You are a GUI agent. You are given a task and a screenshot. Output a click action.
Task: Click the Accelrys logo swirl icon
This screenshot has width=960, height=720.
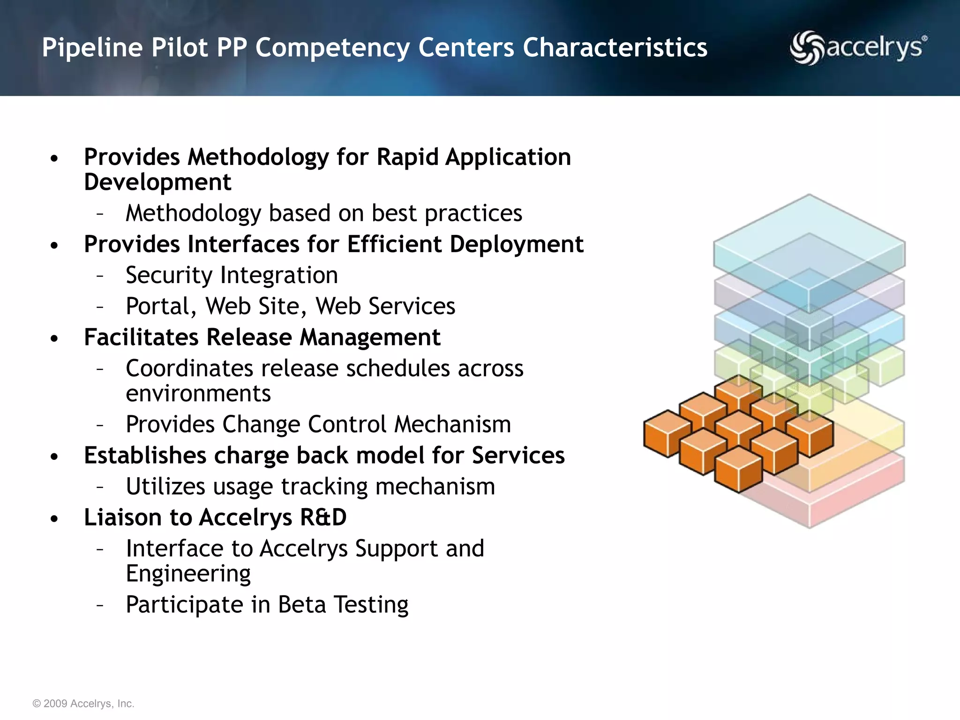[x=807, y=47]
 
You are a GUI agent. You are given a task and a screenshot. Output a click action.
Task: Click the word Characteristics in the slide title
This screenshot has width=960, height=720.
[x=615, y=47]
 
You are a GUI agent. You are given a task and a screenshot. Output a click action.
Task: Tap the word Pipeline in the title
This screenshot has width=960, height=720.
[x=92, y=47]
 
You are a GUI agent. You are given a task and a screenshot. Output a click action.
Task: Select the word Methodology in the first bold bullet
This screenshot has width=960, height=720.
[x=258, y=157]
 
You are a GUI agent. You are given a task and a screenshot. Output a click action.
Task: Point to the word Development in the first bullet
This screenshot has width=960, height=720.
[x=157, y=182]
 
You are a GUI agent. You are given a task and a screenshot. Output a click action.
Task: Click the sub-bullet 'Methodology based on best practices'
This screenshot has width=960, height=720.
[x=323, y=213]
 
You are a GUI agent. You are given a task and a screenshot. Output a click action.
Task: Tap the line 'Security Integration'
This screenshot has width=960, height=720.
[x=232, y=275]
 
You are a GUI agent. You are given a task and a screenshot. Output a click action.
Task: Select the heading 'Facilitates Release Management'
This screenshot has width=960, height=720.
[x=262, y=337]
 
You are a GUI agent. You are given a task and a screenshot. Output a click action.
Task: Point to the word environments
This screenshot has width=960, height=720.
[x=198, y=393]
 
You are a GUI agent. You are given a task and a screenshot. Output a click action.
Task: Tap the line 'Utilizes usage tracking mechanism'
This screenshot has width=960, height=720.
[x=310, y=486]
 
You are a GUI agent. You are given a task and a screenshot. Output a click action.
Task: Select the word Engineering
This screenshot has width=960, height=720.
[x=188, y=574]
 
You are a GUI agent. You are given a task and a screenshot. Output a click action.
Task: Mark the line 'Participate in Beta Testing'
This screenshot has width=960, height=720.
[x=267, y=605]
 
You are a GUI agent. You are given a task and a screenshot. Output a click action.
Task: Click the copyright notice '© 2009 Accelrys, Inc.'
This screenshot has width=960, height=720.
[x=83, y=704]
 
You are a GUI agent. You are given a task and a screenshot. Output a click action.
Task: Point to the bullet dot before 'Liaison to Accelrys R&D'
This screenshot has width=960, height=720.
[x=55, y=519]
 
